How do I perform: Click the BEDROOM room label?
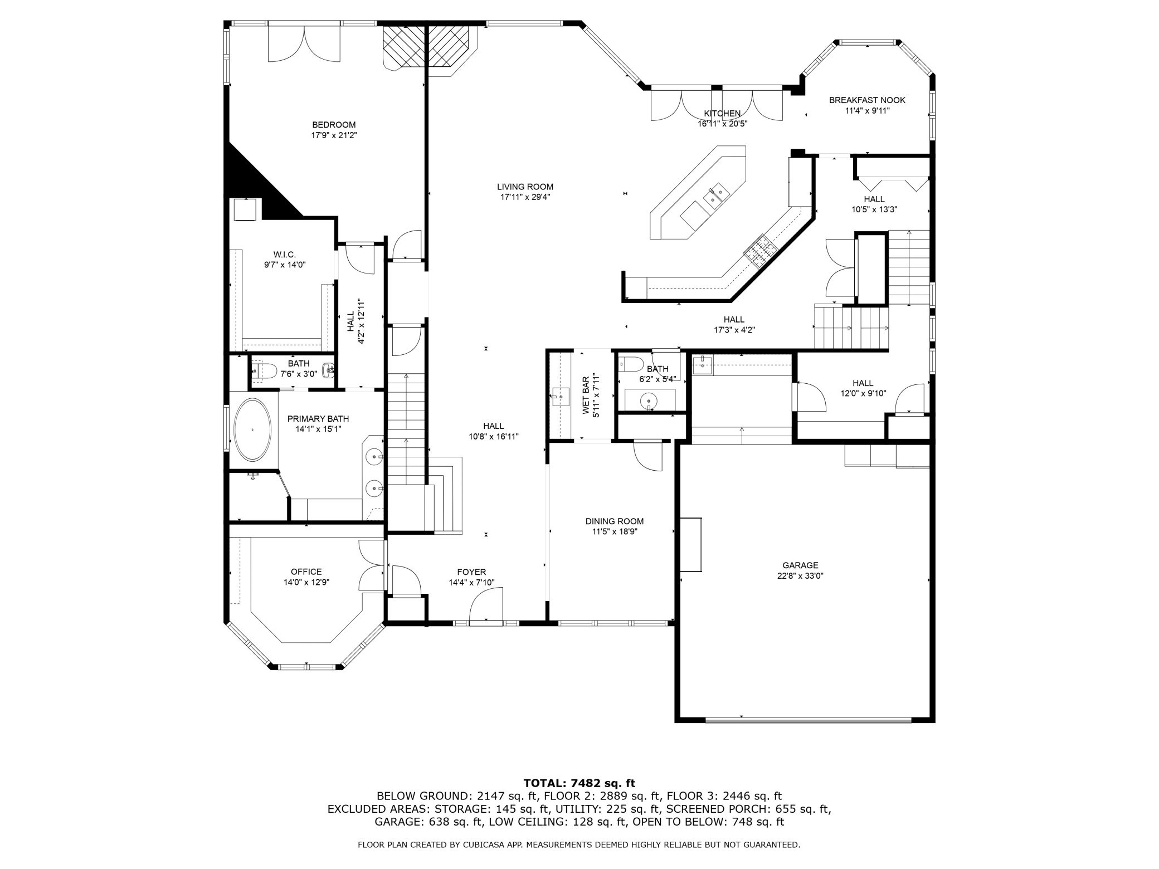(x=334, y=125)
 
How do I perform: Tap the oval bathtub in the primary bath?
(x=253, y=430)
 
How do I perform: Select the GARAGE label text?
(x=800, y=565)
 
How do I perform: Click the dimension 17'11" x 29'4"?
(x=525, y=197)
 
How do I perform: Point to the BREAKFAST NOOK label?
(x=867, y=100)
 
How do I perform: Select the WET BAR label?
(x=586, y=396)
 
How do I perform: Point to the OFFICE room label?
(x=306, y=572)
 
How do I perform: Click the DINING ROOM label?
(x=615, y=521)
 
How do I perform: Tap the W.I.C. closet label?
(x=285, y=255)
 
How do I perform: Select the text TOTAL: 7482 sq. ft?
(x=579, y=783)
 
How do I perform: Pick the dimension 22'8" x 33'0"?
(x=800, y=576)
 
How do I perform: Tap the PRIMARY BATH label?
(x=318, y=419)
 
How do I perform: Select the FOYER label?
(x=471, y=572)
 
